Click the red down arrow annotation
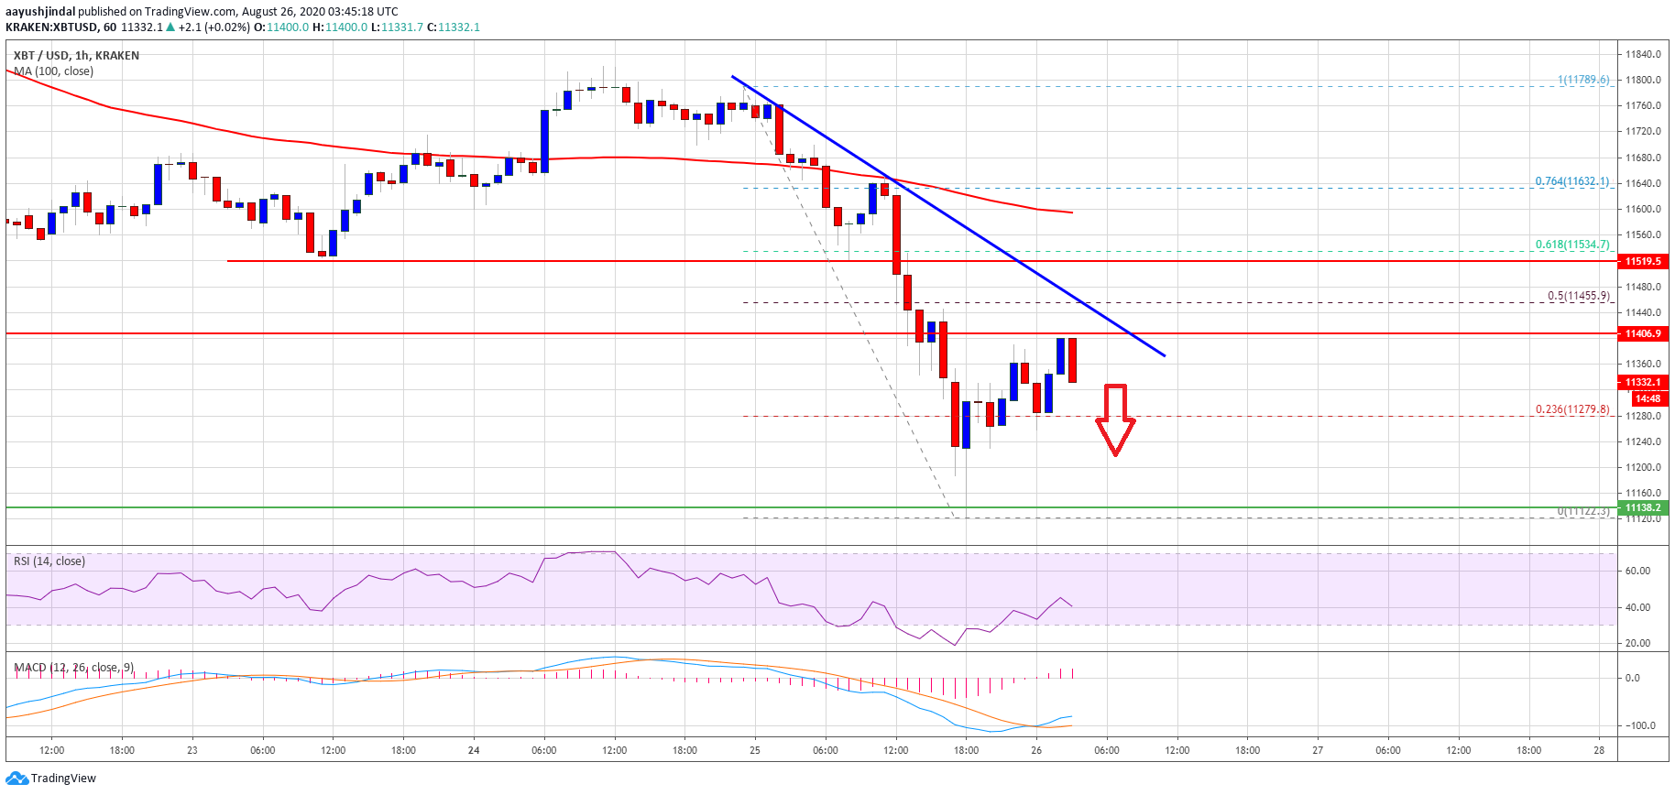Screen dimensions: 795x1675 [x=1115, y=419]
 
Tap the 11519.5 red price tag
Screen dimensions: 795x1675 [x=1643, y=261]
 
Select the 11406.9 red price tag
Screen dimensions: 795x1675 [x=1643, y=333]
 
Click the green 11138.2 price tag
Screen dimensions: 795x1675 [x=1643, y=507]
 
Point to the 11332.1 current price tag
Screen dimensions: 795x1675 [x=1643, y=382]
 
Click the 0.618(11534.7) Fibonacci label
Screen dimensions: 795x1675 [x=1571, y=245]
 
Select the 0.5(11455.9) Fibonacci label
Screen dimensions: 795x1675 [x=1578, y=296]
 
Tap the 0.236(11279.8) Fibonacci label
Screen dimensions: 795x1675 [x=1571, y=409]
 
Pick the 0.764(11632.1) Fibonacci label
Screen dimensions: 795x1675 [x=1571, y=181]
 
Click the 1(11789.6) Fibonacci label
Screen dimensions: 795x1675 [x=1582, y=80]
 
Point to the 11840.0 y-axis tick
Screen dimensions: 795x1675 [x=1643, y=54]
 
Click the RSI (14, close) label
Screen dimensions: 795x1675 [x=49, y=561]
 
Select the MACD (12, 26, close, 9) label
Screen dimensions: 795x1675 [x=73, y=668]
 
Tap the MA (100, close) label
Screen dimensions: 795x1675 [x=53, y=71]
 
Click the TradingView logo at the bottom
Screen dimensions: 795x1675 [x=51, y=779]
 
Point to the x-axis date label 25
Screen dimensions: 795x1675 [x=755, y=750]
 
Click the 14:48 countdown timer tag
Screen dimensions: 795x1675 [x=1648, y=398]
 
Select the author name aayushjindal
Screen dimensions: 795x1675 [x=40, y=12]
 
